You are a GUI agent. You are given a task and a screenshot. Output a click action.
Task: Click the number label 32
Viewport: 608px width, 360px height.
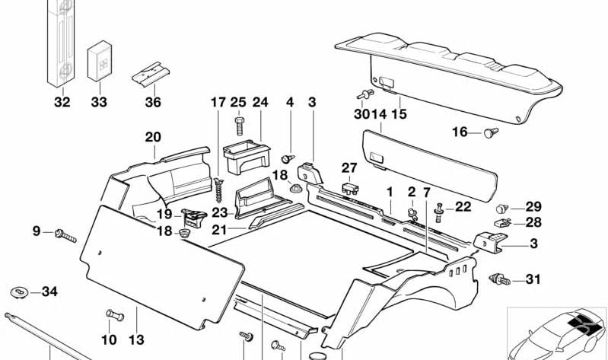coord(62,102)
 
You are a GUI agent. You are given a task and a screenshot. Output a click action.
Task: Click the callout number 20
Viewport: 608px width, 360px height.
coord(153,137)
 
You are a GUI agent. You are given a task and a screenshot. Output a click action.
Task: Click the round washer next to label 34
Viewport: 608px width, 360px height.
coord(19,292)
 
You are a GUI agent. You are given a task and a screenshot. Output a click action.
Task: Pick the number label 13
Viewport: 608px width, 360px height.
coord(137,339)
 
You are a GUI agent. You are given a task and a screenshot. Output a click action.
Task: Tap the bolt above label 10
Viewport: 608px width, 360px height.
coord(113,314)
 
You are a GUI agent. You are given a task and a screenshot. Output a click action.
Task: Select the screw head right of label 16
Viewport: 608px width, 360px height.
coord(492,133)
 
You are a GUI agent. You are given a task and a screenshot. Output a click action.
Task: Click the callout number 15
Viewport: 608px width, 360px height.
coord(399,115)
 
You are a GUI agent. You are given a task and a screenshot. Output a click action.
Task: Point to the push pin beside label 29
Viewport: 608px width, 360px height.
coord(502,208)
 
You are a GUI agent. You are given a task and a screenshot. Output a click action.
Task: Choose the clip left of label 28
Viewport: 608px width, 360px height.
coord(501,222)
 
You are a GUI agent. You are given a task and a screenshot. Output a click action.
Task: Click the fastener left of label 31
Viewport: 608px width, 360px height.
coord(500,279)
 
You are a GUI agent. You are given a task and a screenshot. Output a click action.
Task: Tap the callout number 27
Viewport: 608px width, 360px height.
coord(349,167)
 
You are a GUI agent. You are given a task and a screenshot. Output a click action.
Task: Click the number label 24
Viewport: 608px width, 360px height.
coord(261,102)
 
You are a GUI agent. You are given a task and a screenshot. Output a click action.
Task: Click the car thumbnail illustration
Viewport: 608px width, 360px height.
coord(557,333)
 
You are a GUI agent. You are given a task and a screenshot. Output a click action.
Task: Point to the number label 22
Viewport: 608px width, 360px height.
coord(463,207)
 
